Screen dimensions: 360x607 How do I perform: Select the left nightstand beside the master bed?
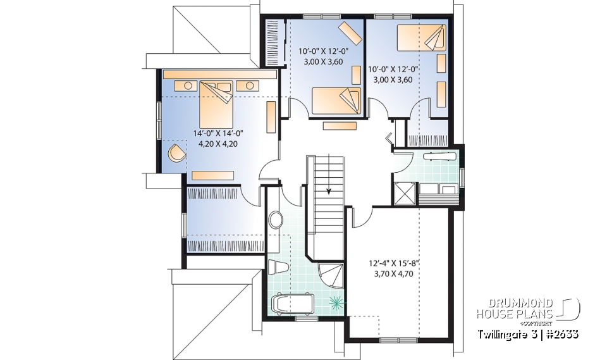tap(188, 85)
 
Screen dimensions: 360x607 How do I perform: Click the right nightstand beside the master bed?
tap(250, 85)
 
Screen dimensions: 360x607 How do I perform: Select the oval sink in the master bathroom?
tap(276, 220)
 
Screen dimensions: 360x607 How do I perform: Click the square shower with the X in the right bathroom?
tap(405, 194)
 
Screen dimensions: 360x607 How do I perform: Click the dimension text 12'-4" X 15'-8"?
tap(393, 264)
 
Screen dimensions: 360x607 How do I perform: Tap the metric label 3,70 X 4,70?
tap(393, 275)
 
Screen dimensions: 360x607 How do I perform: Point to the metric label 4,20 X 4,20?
tap(218, 143)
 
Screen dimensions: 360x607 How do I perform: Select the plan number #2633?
tap(559, 333)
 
